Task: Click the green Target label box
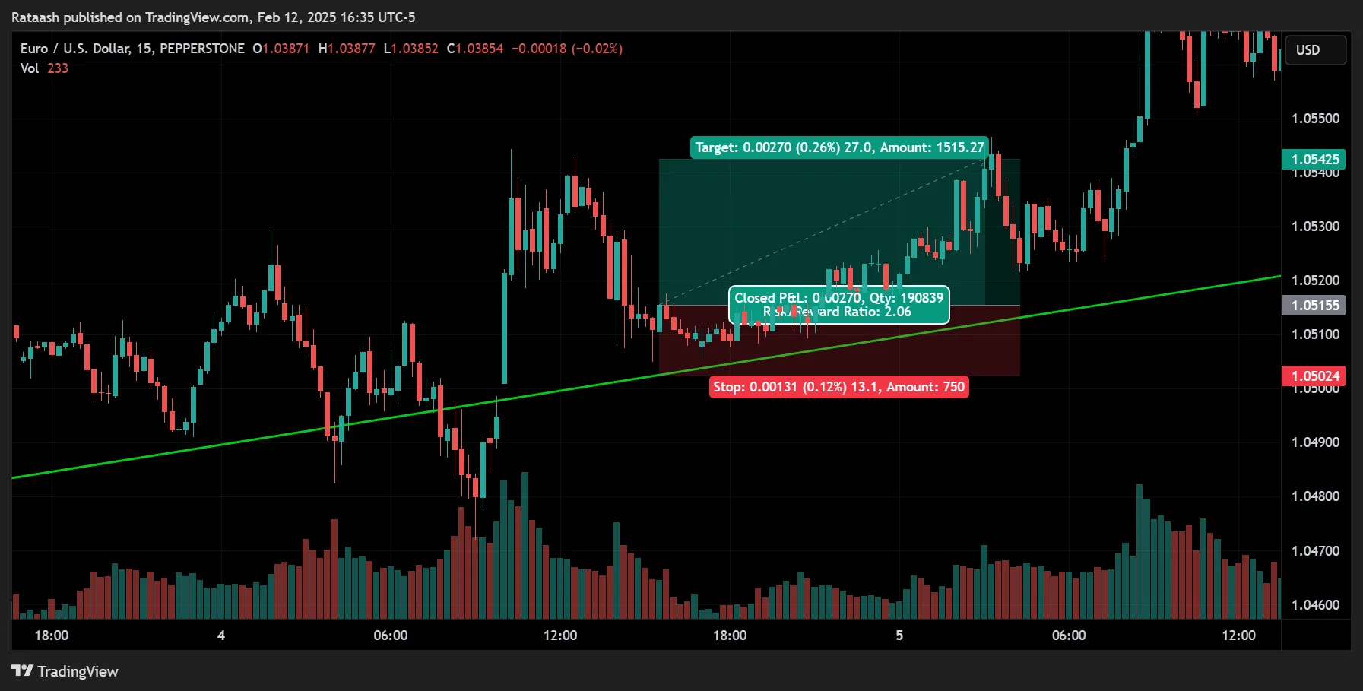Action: point(839,147)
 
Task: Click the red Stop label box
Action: point(838,387)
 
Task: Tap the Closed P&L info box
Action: point(838,305)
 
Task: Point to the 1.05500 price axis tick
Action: point(1315,118)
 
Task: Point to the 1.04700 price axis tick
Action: point(1315,550)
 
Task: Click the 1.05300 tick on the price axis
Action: point(1315,226)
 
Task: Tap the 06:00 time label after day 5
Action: point(1068,635)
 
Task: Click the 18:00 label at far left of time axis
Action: point(51,635)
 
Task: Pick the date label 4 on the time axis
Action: point(221,635)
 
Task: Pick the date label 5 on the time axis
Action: point(899,635)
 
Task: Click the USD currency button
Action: point(1314,50)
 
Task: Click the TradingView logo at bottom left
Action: point(65,671)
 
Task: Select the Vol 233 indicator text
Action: point(44,68)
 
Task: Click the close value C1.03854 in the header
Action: point(475,49)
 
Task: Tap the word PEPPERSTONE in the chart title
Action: point(202,49)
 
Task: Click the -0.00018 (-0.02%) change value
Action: point(566,49)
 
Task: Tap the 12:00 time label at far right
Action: point(1238,635)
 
